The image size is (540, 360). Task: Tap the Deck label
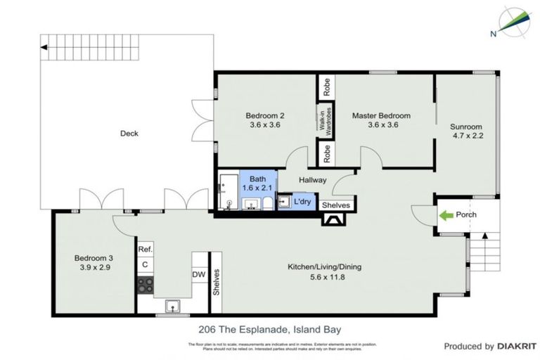129,134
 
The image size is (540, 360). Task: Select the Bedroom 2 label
264,115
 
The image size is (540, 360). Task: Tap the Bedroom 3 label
94,258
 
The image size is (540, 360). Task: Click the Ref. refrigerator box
145,249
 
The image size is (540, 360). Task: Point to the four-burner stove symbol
146,284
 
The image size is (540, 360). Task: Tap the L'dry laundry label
302,202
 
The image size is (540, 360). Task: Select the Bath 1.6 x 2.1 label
257,184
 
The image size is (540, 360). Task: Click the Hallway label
312,180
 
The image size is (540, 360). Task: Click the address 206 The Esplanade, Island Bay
269,328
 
